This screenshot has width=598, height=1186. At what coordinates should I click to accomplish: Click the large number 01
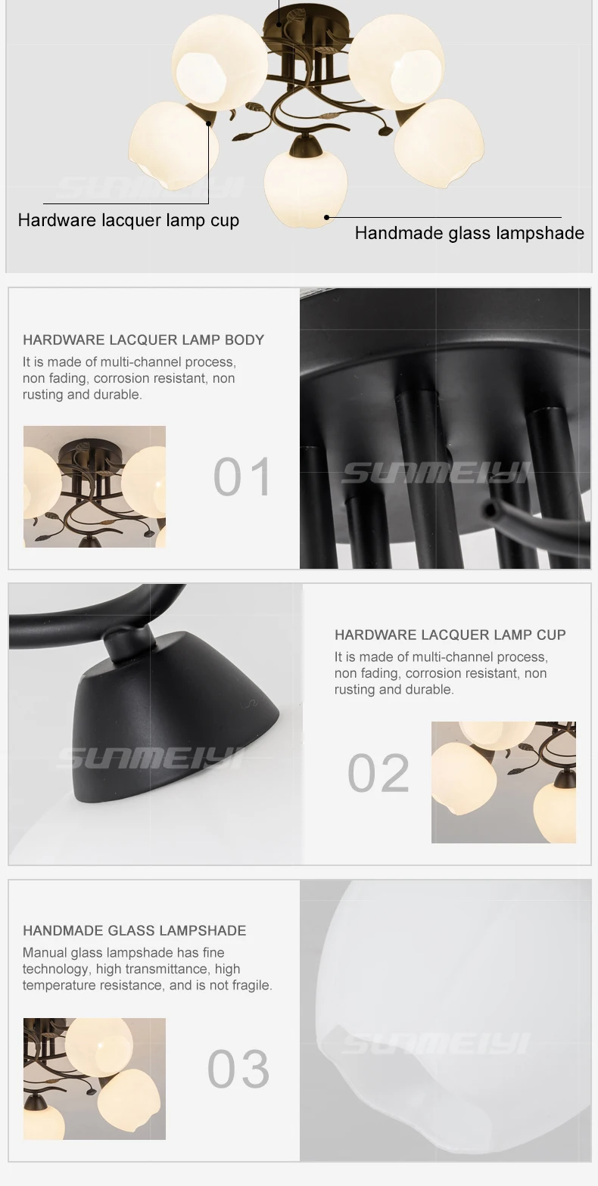coord(242,477)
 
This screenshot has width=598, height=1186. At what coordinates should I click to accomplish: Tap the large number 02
coord(378,773)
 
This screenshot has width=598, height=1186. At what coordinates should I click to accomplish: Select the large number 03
coord(238,1069)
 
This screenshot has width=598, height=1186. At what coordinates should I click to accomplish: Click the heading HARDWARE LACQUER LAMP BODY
coord(144,340)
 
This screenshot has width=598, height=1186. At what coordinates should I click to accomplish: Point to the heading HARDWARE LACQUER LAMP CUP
coord(450,635)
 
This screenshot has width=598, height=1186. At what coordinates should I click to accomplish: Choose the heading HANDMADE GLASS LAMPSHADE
coord(135,930)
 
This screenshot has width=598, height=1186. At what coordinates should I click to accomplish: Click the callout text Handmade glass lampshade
coord(469,233)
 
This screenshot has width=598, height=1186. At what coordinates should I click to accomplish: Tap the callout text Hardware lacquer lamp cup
coord(129,220)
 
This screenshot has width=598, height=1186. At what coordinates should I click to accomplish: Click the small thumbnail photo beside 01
coord(95,486)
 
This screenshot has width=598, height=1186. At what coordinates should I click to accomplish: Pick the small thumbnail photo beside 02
coord(503,782)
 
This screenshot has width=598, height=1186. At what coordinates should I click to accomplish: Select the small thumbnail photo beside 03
coord(95,1079)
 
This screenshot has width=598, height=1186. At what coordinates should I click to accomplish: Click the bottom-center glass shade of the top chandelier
coord(305,189)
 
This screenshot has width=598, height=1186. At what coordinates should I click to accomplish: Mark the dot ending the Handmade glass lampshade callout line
coord(326,217)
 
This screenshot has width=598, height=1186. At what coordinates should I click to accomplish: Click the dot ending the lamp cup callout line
coord(209,123)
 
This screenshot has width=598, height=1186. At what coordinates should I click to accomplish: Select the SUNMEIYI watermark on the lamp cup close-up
coord(151,757)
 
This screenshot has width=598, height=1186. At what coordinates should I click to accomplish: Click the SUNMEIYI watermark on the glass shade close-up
coord(438,1045)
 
